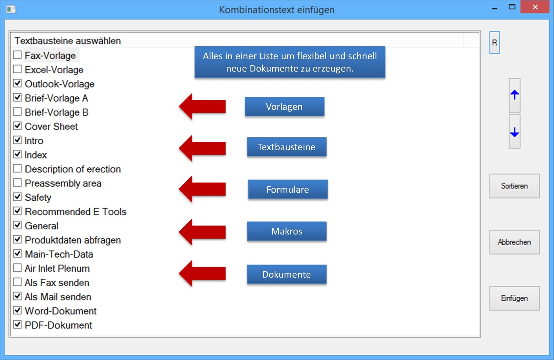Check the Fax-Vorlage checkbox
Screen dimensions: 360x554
(17, 55)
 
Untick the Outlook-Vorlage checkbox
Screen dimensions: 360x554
(17, 83)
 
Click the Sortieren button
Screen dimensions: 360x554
(514, 186)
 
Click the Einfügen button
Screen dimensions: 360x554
(514, 298)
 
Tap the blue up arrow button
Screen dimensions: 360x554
(514, 95)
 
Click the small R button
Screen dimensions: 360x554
(494, 43)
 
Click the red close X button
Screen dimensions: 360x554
(535, 7)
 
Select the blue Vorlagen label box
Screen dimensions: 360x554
(284, 107)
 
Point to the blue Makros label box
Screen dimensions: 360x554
(286, 231)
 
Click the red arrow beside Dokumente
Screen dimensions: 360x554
(202, 273)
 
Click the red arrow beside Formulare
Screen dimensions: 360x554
(202, 189)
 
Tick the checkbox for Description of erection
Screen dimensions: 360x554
(17, 168)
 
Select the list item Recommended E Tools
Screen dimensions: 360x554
(75, 211)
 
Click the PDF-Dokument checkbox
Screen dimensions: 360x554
(17, 324)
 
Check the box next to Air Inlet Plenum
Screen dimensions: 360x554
(17, 268)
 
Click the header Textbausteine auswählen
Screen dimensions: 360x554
(68, 41)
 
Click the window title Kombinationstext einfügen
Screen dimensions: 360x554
(276, 10)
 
